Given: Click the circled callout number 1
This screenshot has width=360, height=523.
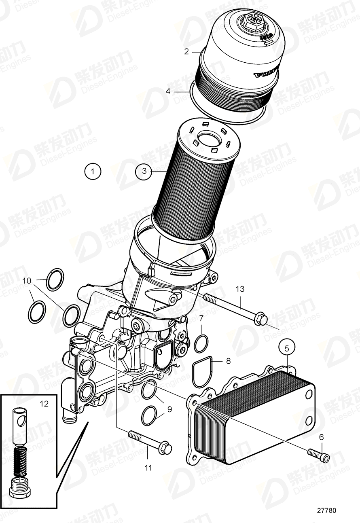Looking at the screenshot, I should (93, 172).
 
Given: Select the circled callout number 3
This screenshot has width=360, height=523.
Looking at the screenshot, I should (144, 172).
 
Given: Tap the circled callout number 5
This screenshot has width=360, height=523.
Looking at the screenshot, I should (287, 347).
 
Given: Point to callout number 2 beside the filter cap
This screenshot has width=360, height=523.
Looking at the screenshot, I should (186, 51).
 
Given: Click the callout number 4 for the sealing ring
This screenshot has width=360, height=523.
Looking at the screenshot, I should (168, 91).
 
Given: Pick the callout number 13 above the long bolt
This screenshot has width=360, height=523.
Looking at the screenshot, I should (240, 289).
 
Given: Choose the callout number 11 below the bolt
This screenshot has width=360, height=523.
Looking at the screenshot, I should (148, 468).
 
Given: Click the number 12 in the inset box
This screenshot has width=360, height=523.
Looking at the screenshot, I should (44, 403).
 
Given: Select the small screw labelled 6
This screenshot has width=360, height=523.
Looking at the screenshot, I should (319, 455).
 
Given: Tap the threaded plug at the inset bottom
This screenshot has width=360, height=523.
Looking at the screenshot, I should (19, 484).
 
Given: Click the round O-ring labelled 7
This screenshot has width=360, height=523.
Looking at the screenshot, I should (201, 343).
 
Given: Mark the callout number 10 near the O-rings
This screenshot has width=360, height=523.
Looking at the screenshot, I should (27, 280).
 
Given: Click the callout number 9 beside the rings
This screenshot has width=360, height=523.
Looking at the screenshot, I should (169, 409).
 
